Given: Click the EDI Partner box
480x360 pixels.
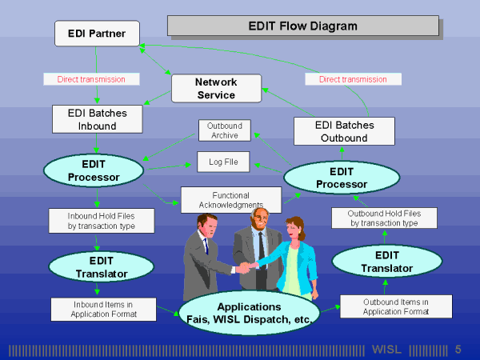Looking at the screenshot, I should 97,33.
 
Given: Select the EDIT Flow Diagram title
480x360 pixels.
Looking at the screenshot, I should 302,26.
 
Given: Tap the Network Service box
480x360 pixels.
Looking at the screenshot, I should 216,88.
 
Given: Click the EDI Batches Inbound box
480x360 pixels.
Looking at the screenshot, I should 97,119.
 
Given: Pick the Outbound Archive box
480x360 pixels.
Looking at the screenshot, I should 225,130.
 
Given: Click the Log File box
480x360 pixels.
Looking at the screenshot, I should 223,162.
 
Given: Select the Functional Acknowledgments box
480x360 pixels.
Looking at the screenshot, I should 230,200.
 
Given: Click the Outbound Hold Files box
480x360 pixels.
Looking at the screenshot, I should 384,218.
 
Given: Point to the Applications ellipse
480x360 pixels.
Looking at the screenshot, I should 250,312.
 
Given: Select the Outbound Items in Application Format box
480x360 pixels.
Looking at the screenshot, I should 395,306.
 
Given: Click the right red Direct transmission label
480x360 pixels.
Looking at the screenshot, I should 352,79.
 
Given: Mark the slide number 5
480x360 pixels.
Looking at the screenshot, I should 458,350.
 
